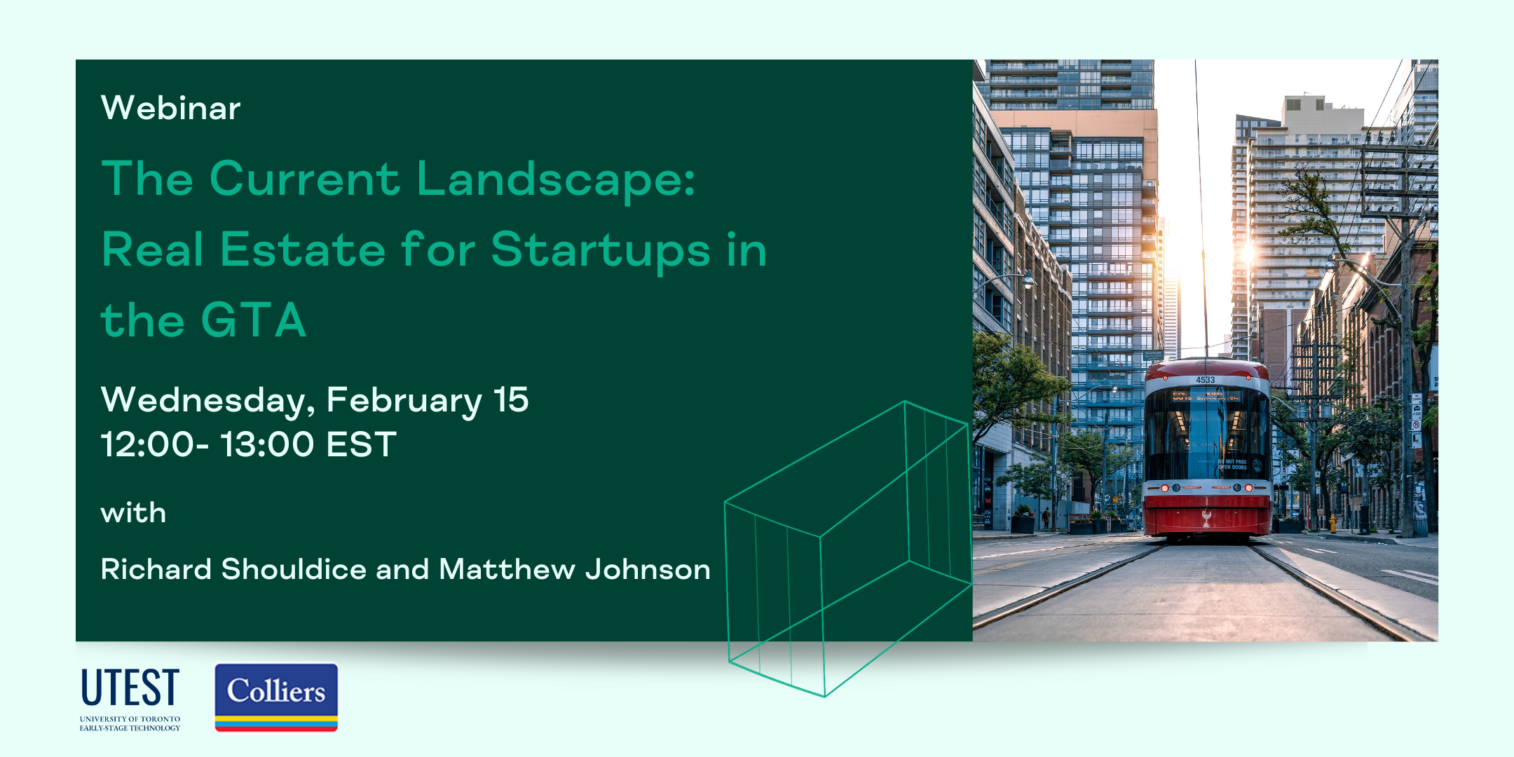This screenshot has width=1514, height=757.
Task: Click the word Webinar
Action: coord(170,108)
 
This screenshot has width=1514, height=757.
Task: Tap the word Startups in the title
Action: coord(601,251)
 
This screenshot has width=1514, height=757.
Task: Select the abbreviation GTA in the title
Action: coord(254,320)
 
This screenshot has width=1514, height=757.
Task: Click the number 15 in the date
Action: coord(511,400)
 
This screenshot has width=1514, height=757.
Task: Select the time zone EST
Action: coord(362,444)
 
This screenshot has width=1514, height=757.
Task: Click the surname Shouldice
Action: coord(294,569)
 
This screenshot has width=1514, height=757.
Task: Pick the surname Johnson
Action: coord(648,569)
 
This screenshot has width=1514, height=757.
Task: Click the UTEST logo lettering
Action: coord(130,687)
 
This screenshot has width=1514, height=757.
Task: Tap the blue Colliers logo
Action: coord(276,697)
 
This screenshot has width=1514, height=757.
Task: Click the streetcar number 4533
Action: coord(1205,380)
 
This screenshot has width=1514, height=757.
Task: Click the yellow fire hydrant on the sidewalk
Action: coord(1332,524)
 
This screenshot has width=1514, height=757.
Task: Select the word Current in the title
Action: coord(305,179)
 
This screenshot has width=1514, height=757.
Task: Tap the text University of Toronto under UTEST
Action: coord(130,719)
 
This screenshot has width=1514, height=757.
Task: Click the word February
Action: coord(404,401)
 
